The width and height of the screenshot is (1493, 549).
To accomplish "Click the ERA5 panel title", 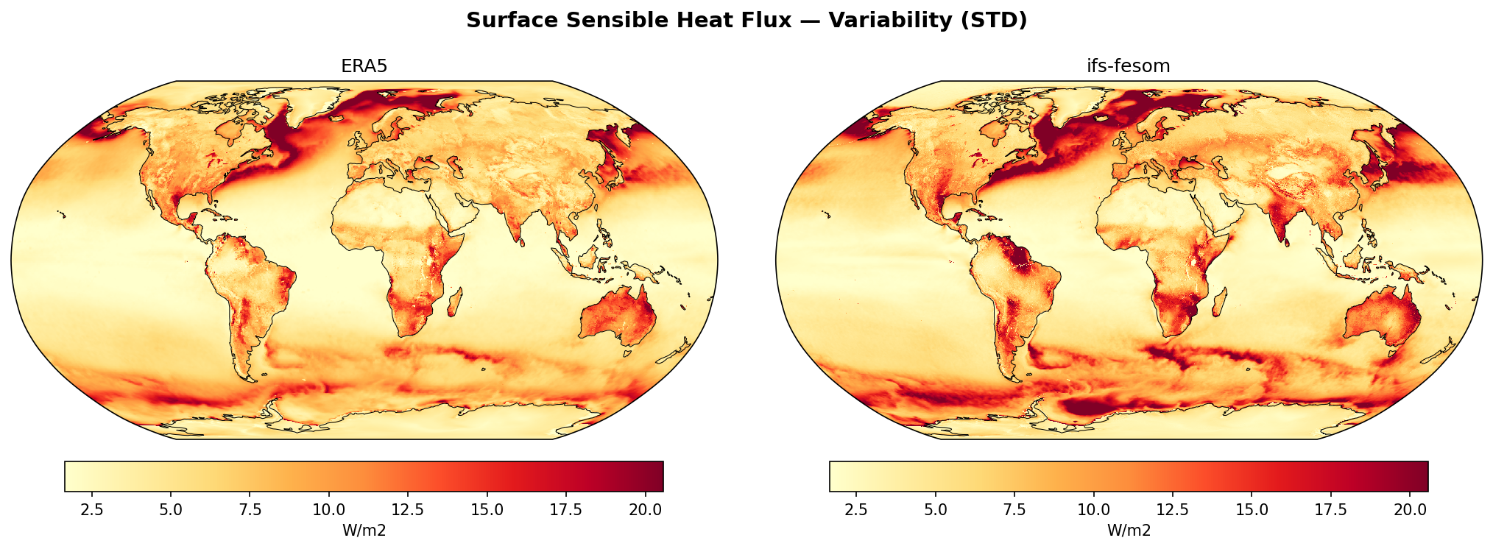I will [x=364, y=66].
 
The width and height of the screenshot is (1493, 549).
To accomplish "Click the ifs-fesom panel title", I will [x=1128, y=66].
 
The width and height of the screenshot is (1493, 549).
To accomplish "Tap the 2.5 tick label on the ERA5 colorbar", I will [x=91, y=509].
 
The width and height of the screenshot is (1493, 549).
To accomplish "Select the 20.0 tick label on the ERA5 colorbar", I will [x=644, y=509].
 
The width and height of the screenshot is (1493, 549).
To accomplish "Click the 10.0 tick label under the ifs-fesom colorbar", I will [x=1093, y=509].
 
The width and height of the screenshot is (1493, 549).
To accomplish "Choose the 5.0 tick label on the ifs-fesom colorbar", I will [x=935, y=509].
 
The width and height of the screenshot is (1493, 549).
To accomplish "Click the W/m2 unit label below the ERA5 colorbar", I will [x=364, y=531].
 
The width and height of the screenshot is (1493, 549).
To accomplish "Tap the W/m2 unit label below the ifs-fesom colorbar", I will [x=1128, y=531].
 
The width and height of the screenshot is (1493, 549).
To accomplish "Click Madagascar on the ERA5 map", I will [x=456, y=302].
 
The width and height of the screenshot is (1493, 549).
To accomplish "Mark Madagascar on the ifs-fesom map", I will [x=1220, y=302].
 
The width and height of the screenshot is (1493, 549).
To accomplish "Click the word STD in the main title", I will [x=998, y=21].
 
